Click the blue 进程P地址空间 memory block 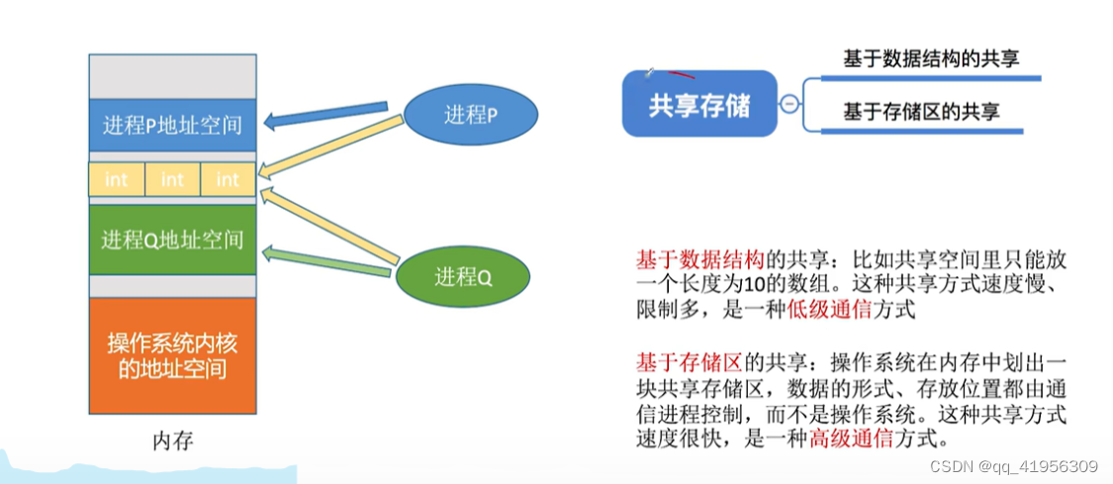pyautogui.click(x=172, y=125)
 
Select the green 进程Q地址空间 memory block pyautogui.click(x=172, y=239)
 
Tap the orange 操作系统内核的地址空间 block pyautogui.click(x=172, y=355)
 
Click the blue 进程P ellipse pyautogui.click(x=472, y=115)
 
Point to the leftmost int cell pyautogui.click(x=117, y=179)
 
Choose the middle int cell pyautogui.click(x=172, y=179)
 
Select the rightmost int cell pyautogui.click(x=228, y=179)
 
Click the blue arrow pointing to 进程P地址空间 pyautogui.click(x=326, y=114)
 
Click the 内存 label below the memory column pyautogui.click(x=172, y=441)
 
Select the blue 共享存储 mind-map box pyautogui.click(x=699, y=104)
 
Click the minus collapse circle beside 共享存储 pyautogui.click(x=789, y=103)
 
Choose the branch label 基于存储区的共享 pyautogui.click(x=921, y=112)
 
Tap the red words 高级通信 pyautogui.click(x=844, y=436)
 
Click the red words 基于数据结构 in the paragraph pyautogui.click(x=698, y=260)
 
